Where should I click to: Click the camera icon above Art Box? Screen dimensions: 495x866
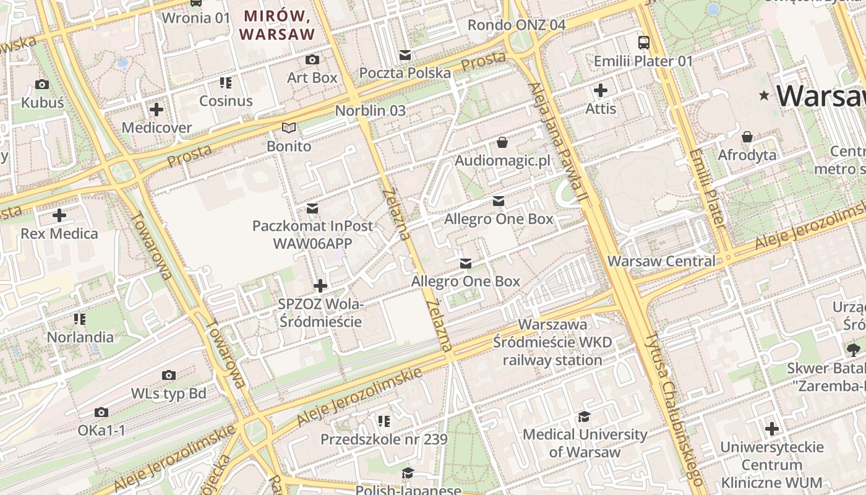pyautogui.click(x=312, y=60)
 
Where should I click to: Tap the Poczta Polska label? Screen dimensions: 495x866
pyautogui.click(x=405, y=73)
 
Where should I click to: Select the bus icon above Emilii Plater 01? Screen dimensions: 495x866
pyautogui.click(x=644, y=43)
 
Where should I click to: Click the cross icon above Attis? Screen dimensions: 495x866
pyautogui.click(x=600, y=90)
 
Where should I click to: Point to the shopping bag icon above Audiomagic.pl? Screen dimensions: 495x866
pyautogui.click(x=502, y=143)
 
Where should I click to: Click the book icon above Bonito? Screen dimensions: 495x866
pyautogui.click(x=289, y=128)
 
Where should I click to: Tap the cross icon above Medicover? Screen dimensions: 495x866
pyautogui.click(x=156, y=110)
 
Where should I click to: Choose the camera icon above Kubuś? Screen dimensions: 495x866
pyautogui.click(x=42, y=85)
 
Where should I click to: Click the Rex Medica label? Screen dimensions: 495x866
pyautogui.click(x=59, y=234)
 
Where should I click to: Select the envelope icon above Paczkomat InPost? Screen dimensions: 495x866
pyautogui.click(x=312, y=209)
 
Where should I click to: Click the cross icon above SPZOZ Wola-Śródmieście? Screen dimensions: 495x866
pyautogui.click(x=320, y=286)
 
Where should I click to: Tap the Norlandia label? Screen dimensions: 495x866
pyautogui.click(x=80, y=337)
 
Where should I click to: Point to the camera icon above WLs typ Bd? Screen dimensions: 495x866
pyautogui.click(x=168, y=376)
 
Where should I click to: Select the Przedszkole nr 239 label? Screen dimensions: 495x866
pyautogui.click(x=384, y=439)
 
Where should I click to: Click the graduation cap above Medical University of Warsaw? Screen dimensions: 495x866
pyautogui.click(x=585, y=416)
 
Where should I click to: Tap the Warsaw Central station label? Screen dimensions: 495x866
pyautogui.click(x=661, y=261)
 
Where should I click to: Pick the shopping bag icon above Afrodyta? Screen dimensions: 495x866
pyautogui.click(x=747, y=137)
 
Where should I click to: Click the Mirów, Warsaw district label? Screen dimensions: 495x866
pyautogui.click(x=278, y=25)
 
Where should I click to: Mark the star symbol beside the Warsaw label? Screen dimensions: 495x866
pyautogui.click(x=765, y=96)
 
